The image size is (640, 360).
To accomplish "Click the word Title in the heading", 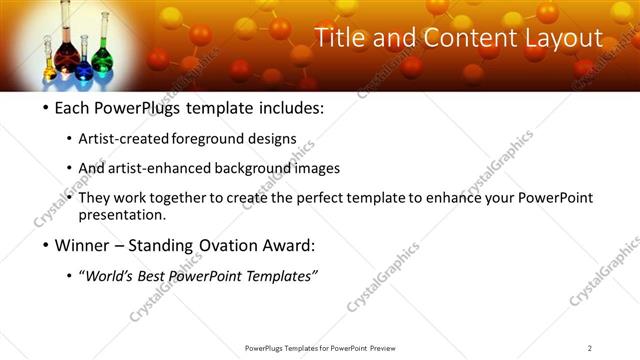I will tap(340, 39).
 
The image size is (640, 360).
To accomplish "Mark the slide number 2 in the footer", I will tap(590, 347).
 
